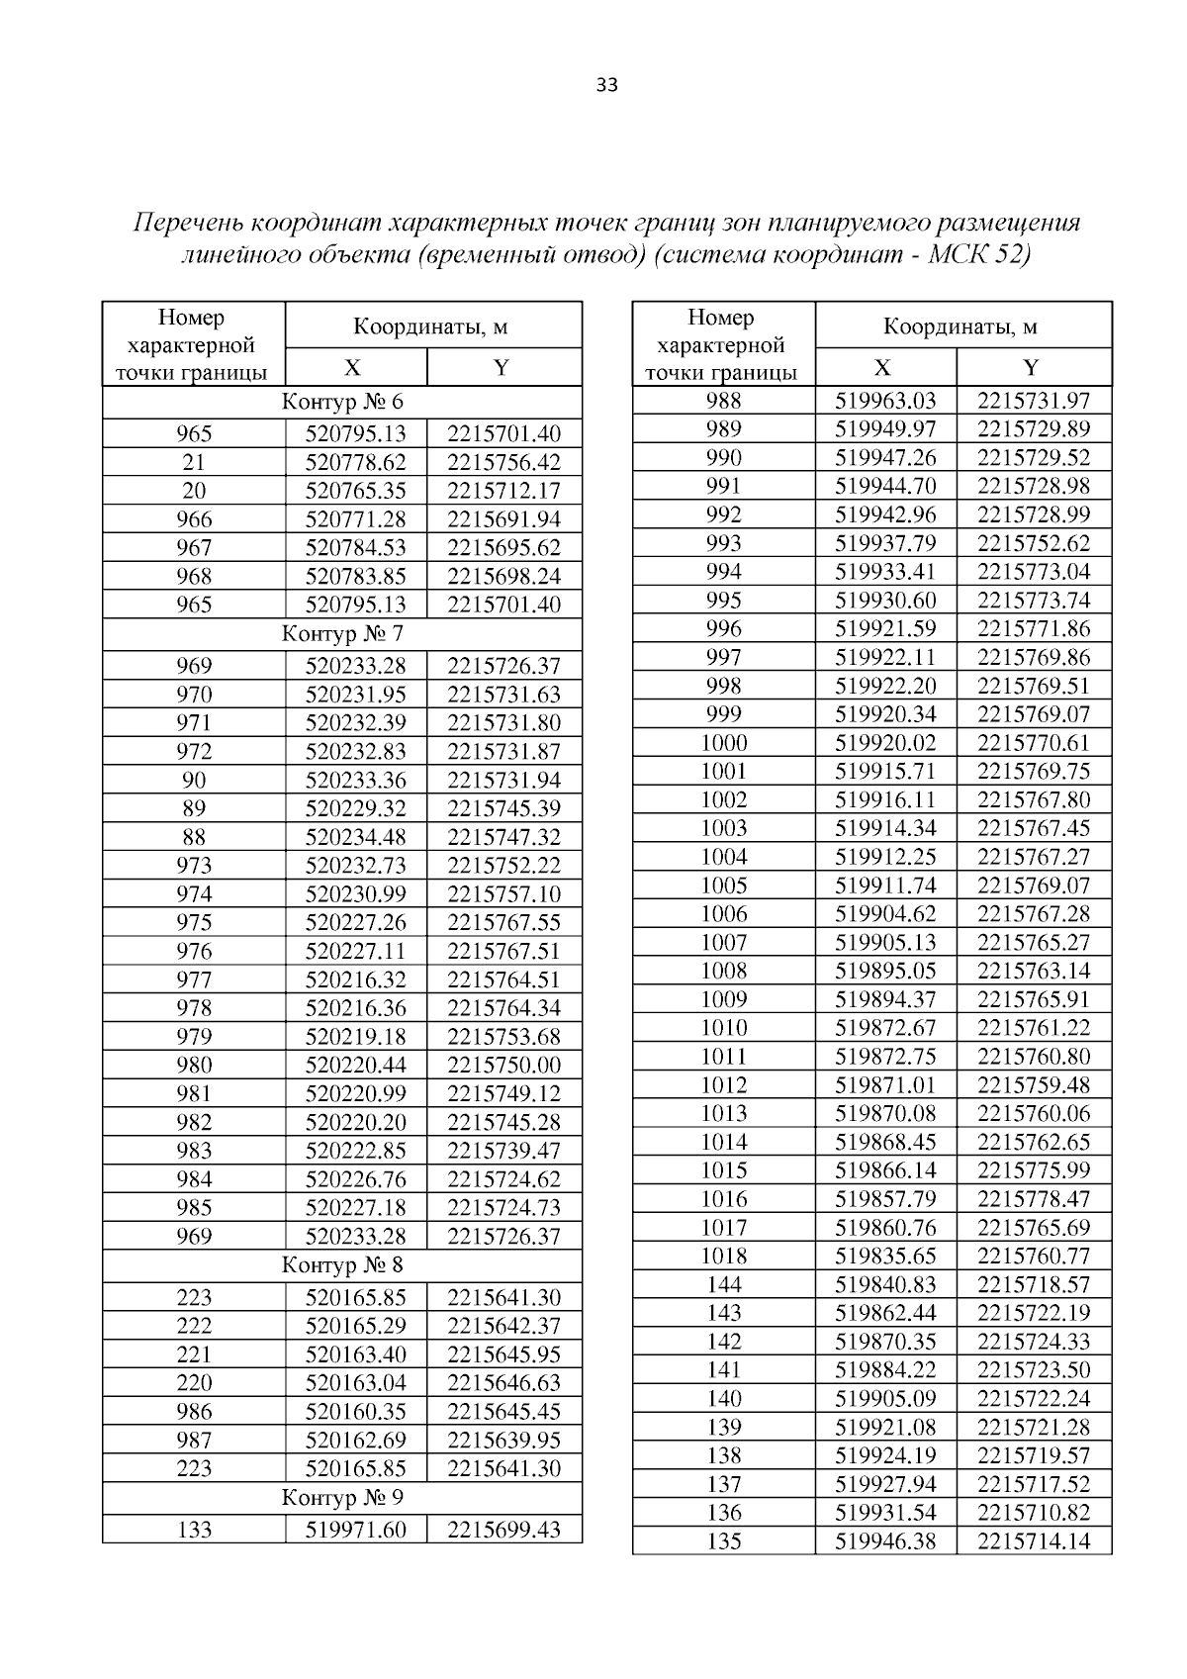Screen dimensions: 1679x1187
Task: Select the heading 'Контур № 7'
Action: pos(342,633)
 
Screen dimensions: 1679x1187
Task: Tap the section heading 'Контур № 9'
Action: pos(342,1497)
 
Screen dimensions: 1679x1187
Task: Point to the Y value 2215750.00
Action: pos(503,1066)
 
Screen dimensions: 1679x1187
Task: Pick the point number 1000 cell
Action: pos(724,743)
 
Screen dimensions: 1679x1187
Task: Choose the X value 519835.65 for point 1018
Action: pos(885,1257)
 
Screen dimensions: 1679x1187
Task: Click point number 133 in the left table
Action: pos(194,1530)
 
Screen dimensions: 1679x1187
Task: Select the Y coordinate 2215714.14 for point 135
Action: pos(1034,1541)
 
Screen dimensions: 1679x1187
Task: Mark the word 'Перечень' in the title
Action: pos(188,222)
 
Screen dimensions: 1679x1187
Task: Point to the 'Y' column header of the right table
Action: pos(1032,368)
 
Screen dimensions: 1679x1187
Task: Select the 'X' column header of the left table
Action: pos(353,368)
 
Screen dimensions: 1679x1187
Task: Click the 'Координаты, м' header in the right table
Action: pos(960,326)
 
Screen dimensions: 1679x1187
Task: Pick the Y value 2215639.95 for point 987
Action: pos(503,1441)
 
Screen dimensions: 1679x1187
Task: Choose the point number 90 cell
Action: pos(194,781)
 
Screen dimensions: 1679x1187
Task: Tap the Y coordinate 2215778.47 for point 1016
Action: pos(1034,1199)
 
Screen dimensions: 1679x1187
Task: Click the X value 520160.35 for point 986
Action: pos(356,1412)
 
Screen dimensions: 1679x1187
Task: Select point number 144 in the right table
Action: pos(724,1285)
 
